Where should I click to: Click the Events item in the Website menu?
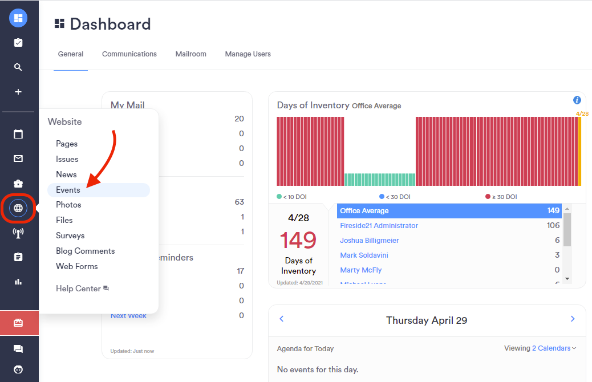pos(68,190)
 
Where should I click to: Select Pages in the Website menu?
pos(67,144)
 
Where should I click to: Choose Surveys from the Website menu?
pos(70,235)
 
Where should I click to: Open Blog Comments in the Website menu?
pos(85,251)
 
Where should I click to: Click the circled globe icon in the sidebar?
pos(18,208)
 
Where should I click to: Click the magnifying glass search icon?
pos(18,67)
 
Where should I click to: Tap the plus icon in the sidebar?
pos(18,92)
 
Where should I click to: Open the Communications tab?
pos(129,54)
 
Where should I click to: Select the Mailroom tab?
pos(190,54)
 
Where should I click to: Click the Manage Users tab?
pos(248,54)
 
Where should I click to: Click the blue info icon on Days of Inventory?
pos(577,100)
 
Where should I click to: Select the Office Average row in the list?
pos(449,211)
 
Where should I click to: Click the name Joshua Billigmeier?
pos(370,241)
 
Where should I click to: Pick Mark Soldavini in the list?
pos(364,255)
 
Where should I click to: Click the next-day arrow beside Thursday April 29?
pos(573,319)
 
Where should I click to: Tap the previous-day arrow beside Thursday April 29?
pos(282,319)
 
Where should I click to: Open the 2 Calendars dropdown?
pos(554,348)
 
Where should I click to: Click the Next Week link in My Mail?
pos(128,316)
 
